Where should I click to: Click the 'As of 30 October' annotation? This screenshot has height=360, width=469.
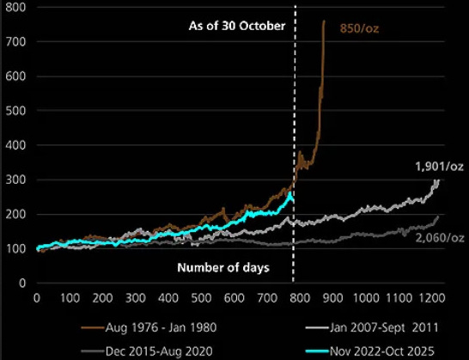[236, 26]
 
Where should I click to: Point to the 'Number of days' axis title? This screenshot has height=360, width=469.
[223, 267]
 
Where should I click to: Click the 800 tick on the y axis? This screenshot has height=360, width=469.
[16, 8]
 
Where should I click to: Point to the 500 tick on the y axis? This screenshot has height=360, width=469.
[16, 111]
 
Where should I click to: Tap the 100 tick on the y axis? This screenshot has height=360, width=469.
[16, 248]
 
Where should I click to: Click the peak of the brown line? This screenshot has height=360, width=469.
[323, 21]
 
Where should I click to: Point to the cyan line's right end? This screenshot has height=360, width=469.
[293, 197]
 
